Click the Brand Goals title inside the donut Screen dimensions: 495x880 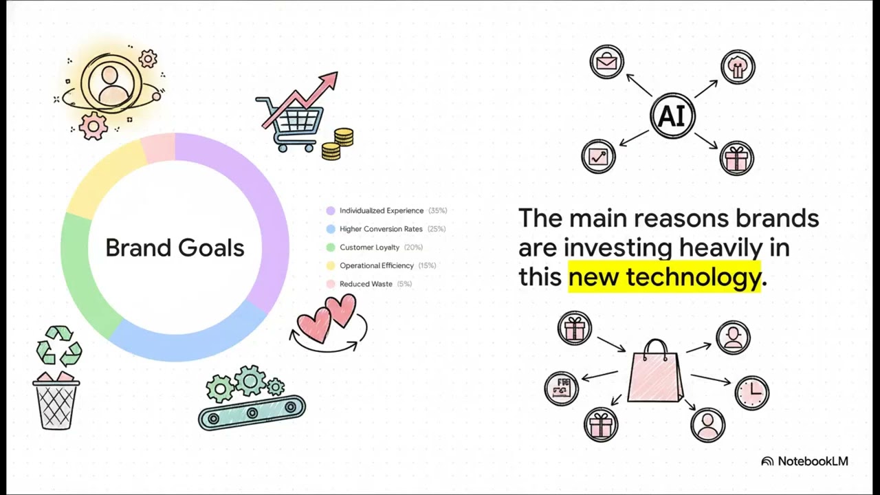coord(175,247)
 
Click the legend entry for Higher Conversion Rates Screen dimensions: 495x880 coord(381,229)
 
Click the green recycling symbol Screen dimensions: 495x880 coord(58,346)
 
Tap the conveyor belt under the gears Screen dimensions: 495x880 coord(252,411)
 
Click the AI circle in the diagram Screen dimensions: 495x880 coord(672,116)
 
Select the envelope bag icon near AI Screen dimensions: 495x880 coord(606,63)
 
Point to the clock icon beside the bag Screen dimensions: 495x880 coord(751,392)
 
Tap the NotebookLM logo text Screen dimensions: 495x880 coord(812,461)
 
